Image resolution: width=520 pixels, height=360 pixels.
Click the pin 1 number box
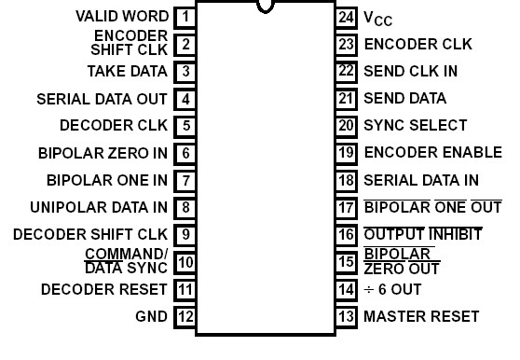[185, 16]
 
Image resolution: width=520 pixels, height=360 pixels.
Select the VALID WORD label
[121, 16]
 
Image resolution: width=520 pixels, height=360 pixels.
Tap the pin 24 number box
[346, 16]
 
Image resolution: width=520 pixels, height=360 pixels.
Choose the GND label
[152, 317]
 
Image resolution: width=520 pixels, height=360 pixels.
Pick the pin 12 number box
[185, 317]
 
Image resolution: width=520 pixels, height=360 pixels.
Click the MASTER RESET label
[420, 317]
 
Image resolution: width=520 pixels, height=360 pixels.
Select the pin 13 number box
[346, 317]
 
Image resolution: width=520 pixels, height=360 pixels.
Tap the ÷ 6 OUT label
[395, 290]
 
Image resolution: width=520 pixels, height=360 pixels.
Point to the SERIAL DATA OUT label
[102, 98]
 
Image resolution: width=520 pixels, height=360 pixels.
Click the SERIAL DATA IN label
[420, 180]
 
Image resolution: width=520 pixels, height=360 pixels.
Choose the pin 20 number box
[346, 125]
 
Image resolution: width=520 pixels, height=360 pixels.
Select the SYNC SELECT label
[415, 125]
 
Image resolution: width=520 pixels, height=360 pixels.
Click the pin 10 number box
[185, 262]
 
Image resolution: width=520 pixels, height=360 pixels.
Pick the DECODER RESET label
[103, 290]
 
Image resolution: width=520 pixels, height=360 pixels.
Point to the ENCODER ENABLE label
[432, 152]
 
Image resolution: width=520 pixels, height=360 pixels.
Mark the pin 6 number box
[185, 152]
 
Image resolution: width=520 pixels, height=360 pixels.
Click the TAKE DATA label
[127, 71]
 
